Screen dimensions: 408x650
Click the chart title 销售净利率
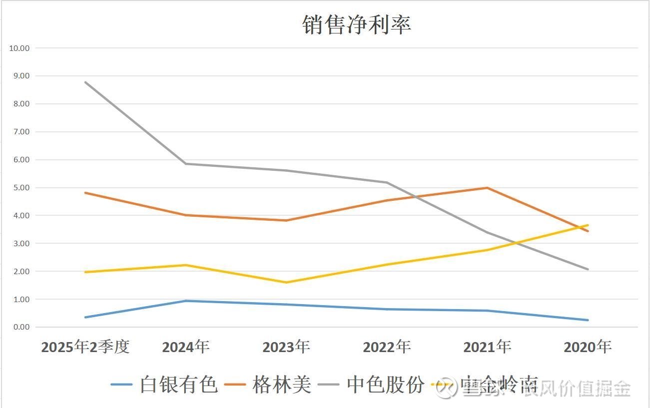click(x=357, y=24)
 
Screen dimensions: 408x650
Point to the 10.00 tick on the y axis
click(x=19, y=48)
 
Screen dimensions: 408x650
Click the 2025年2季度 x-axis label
click(x=85, y=347)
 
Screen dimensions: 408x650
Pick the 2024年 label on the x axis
click(x=186, y=347)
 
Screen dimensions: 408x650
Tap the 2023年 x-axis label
click(x=286, y=347)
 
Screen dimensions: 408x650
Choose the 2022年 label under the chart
click(x=387, y=347)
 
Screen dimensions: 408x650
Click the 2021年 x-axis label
click(x=487, y=347)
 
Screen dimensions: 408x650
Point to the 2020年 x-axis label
click(x=588, y=347)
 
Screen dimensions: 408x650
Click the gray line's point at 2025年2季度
click(x=85, y=82)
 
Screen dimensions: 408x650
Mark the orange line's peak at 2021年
click(x=487, y=188)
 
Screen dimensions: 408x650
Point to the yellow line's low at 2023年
click(x=286, y=282)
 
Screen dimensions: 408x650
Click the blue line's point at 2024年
click(x=186, y=301)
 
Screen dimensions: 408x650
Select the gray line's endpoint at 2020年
click(x=588, y=269)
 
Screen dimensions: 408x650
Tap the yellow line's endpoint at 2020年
click(x=588, y=225)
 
